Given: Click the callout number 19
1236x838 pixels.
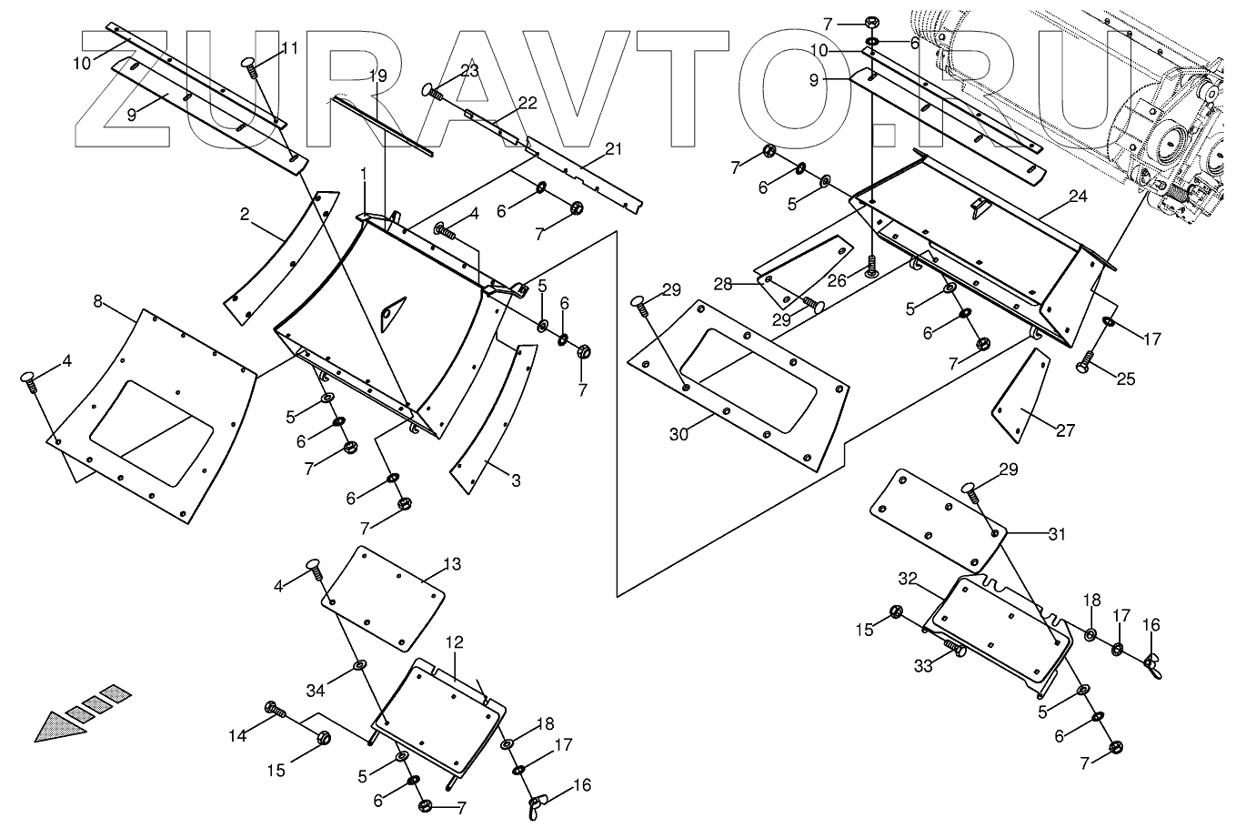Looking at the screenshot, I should tap(378, 76).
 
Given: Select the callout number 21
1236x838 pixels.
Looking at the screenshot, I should tap(614, 148).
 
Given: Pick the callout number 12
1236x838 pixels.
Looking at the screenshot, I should tap(455, 643).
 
